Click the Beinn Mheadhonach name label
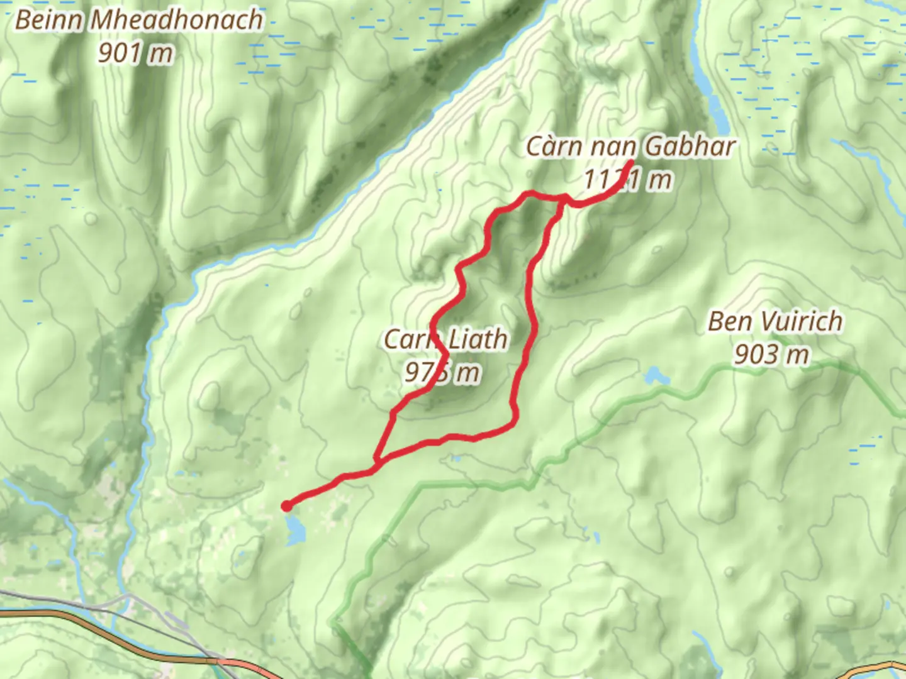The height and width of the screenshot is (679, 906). (x=139, y=20)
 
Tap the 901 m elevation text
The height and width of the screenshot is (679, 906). (x=135, y=53)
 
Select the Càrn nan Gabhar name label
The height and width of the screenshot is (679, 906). (x=630, y=146)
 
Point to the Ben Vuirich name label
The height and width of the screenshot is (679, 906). (x=775, y=321)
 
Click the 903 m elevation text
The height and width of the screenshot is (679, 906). (x=771, y=354)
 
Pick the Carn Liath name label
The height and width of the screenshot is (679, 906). (x=445, y=339)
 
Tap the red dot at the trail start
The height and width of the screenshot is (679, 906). (x=286, y=505)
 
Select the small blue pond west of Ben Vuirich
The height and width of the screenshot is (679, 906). (x=654, y=376)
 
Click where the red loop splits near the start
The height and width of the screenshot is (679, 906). (x=376, y=464)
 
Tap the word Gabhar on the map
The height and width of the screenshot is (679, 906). (x=690, y=146)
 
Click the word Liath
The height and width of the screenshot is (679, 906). (x=478, y=339)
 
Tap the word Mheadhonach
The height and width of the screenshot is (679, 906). (x=177, y=20)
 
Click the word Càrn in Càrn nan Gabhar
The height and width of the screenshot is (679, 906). (x=553, y=146)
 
